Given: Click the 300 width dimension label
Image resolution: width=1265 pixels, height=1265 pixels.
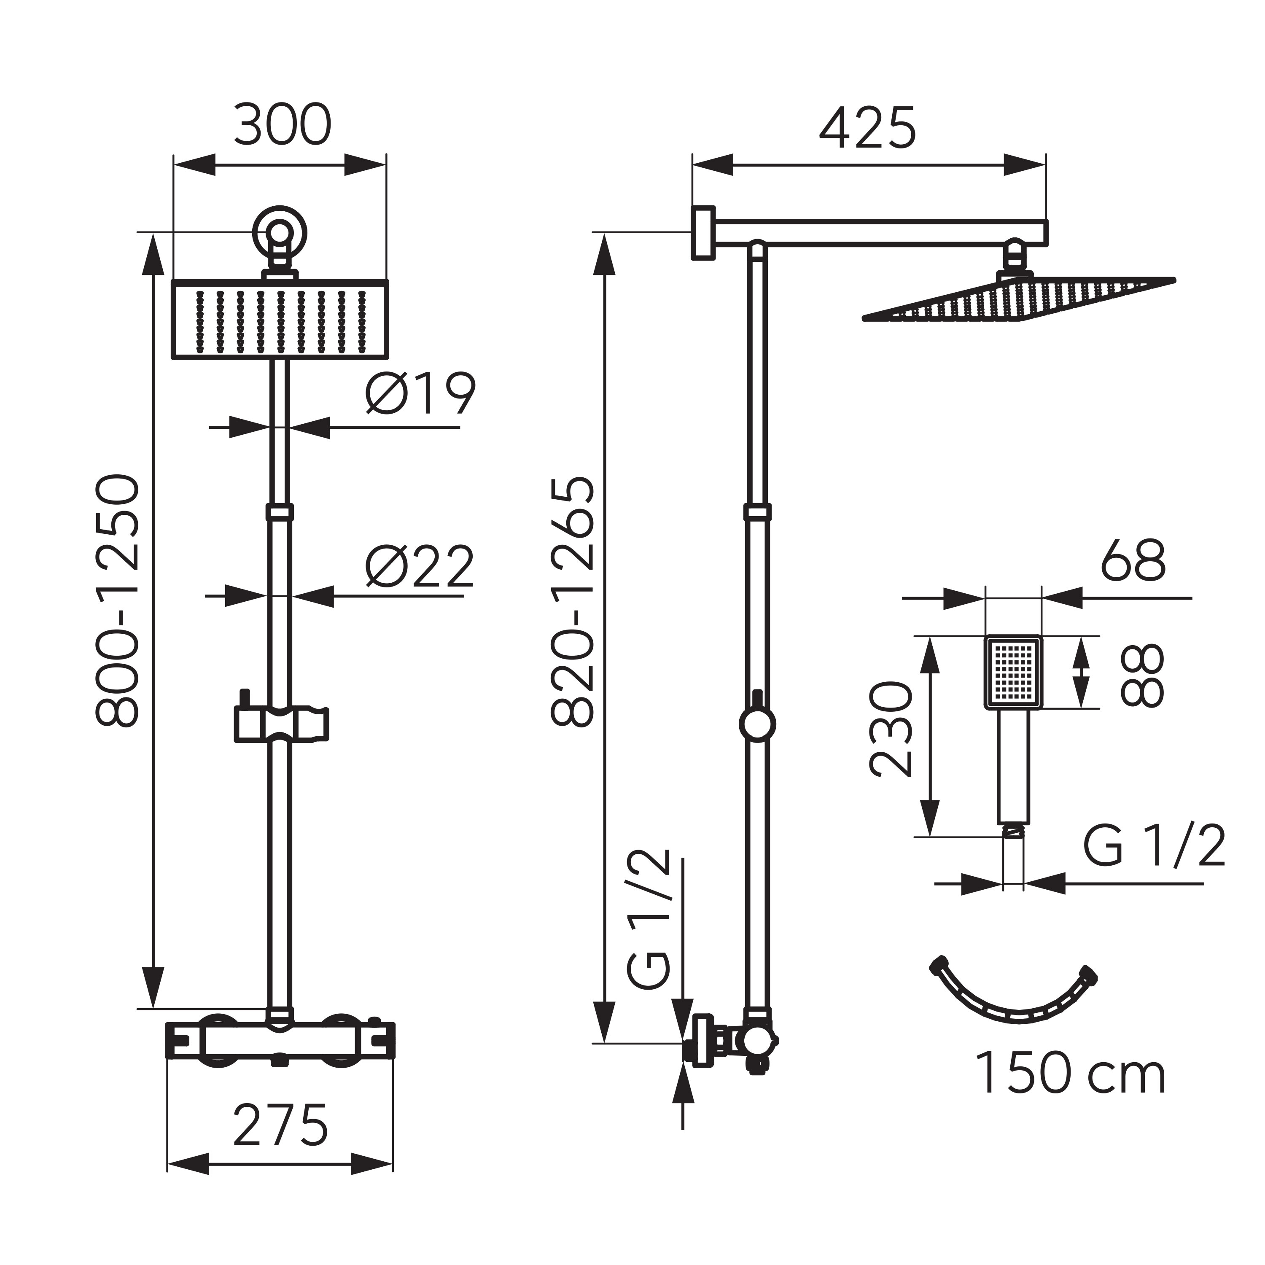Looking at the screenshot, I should [x=282, y=126].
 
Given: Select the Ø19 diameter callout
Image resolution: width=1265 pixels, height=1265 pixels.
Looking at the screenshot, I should [x=420, y=395].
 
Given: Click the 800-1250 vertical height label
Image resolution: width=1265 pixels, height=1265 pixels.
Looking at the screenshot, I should [x=118, y=600].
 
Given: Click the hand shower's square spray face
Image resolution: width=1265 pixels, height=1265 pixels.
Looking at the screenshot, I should [x=1012, y=673].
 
